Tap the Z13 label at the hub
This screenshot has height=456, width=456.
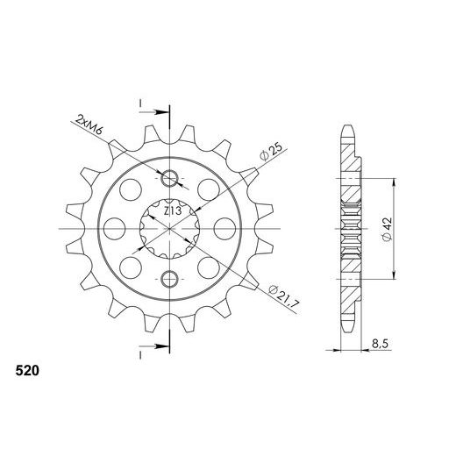(x=172, y=210)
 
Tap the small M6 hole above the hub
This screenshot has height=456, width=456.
(x=172, y=180)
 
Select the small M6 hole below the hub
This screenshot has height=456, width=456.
(x=172, y=279)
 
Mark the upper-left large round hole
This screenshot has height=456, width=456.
(x=131, y=189)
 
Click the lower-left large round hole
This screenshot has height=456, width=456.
(x=131, y=270)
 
